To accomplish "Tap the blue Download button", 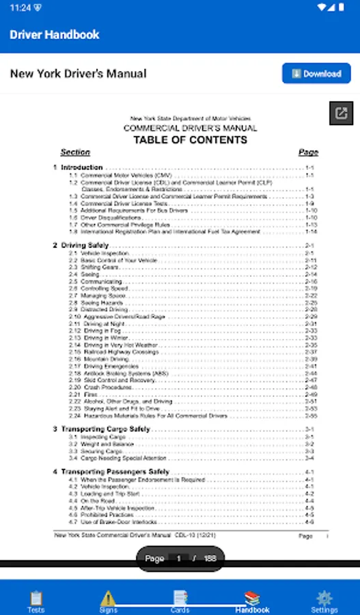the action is click(316, 74).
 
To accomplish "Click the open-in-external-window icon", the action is click(342, 113).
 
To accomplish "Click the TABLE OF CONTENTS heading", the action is click(190, 140).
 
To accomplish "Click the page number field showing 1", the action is click(179, 558).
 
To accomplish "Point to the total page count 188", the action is click(210, 558).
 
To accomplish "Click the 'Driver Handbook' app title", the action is click(55, 35).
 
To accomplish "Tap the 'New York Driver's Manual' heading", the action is click(78, 74).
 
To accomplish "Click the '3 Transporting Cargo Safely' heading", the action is click(102, 429).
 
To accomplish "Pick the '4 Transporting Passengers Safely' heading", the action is click(111, 472).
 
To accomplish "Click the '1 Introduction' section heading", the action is click(78, 167).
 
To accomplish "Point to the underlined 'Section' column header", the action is click(75, 152).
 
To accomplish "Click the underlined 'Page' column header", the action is click(308, 152).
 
